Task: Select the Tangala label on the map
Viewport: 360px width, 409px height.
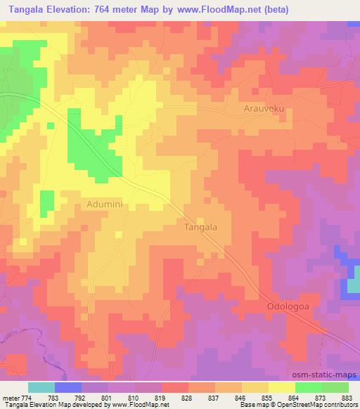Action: click(200, 227)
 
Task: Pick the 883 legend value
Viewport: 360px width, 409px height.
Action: click(347, 398)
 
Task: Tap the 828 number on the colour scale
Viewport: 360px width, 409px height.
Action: click(186, 398)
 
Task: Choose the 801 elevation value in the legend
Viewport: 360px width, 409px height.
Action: click(106, 398)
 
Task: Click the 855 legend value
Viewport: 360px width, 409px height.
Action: click(266, 398)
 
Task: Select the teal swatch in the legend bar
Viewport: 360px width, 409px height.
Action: click(41, 387)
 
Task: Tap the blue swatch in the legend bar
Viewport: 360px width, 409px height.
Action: click(68, 387)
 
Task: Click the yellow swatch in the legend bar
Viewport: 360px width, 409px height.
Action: click(282, 387)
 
